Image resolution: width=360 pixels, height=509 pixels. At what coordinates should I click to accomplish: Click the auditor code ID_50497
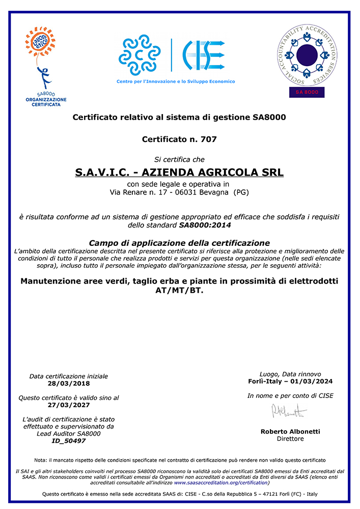(68, 441)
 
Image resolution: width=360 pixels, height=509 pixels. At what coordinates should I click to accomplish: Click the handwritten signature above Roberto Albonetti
(289, 411)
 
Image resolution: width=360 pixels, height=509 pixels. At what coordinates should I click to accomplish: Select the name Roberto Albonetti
(290, 431)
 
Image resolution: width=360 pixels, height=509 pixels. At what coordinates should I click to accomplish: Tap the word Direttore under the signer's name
(290, 438)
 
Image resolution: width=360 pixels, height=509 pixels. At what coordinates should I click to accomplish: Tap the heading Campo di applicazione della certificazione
(179, 243)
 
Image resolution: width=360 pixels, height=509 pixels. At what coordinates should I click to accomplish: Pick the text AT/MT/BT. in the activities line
(179, 291)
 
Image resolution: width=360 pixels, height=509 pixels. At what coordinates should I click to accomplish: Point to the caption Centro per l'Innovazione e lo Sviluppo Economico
(176, 81)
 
